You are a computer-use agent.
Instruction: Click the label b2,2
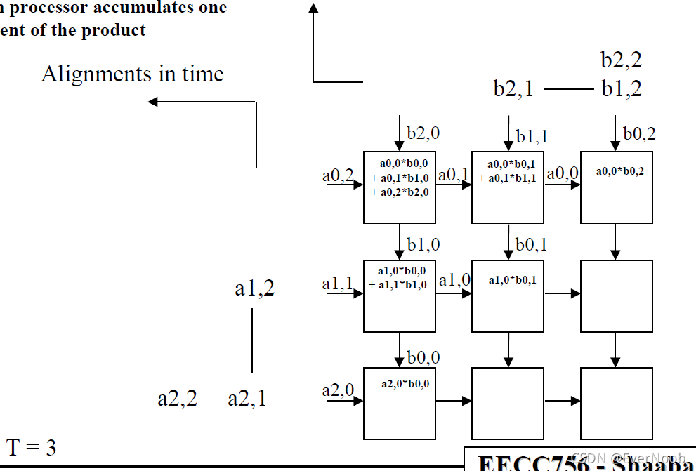pos(621,60)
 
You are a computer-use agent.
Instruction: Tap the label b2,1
pos(513,90)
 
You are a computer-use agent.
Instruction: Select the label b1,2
pos(621,90)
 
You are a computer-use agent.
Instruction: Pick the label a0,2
pos(338,175)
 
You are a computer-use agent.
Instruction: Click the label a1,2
pos(254,288)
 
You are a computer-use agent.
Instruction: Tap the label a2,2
pos(177,399)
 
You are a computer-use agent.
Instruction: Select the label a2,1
pos(247,399)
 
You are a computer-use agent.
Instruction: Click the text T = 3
pos(32,448)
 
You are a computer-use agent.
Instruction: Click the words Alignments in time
pos(132,74)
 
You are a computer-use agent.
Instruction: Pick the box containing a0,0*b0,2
pos(616,187)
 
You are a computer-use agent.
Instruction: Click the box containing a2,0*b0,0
pos(399,403)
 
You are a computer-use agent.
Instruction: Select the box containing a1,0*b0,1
pos(507,296)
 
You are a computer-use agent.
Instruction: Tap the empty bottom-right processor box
pos(616,403)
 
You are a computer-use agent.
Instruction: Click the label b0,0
pos(423,358)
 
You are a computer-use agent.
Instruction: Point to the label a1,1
pos(337,284)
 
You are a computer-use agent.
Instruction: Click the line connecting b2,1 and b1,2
pos(568,90)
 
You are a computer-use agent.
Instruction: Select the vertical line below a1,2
pos(252,340)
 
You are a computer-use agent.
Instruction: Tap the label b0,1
pos(531,245)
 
